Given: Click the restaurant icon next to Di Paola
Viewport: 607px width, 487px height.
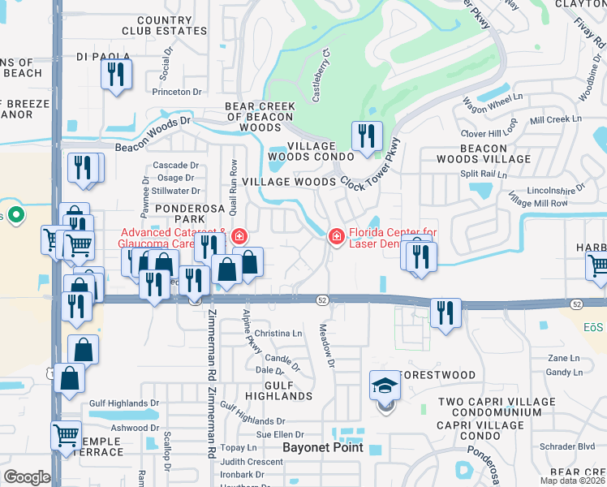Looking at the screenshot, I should tap(116, 75).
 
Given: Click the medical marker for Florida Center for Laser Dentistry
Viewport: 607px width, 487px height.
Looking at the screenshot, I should tap(335, 236).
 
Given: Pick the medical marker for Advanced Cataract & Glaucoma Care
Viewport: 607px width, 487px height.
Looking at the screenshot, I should tap(239, 236).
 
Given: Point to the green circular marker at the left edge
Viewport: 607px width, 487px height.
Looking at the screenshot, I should tap(15, 216).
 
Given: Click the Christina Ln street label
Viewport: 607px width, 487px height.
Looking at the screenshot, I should tap(278, 334).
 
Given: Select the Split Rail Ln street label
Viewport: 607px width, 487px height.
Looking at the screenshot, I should tap(483, 175).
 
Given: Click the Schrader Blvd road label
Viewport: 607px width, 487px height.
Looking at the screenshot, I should tap(571, 446).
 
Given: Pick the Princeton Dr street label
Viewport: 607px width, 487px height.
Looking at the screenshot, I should tap(176, 92).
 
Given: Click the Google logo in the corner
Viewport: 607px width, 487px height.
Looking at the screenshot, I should tap(27, 477).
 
